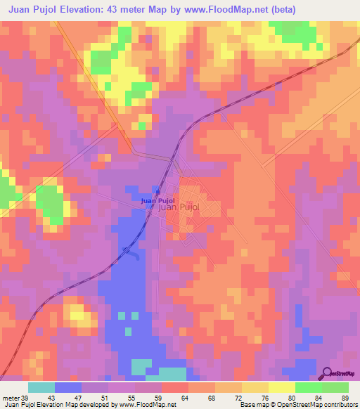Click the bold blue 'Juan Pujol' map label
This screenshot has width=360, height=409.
click(158, 201)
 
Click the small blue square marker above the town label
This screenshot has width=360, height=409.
click(158, 193)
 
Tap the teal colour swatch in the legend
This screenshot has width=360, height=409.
click(41, 387)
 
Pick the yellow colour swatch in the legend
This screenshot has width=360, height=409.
click(281, 387)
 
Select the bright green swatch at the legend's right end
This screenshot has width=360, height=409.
click(335, 387)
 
